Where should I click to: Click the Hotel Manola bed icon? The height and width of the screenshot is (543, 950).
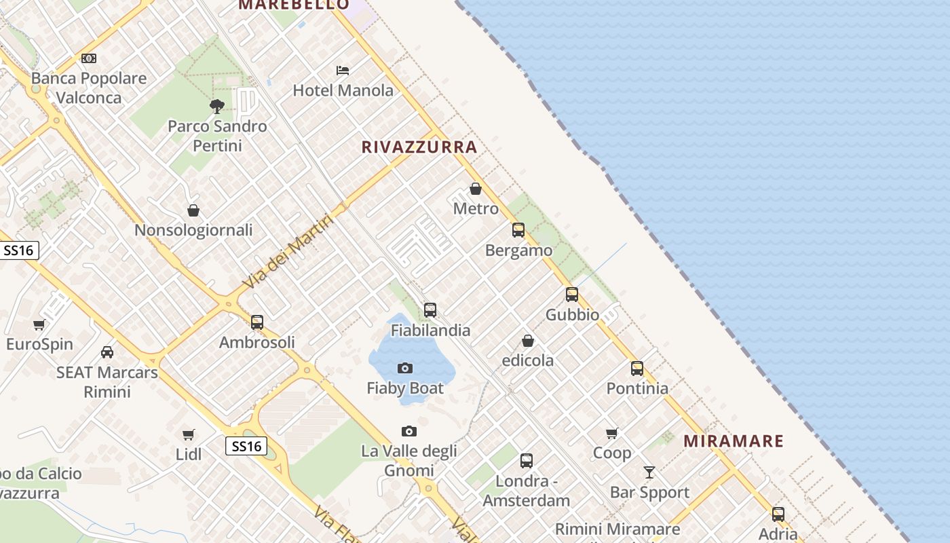(343, 70)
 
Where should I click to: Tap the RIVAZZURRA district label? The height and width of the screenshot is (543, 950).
(419, 147)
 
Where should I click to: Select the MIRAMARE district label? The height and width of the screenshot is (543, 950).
(733, 441)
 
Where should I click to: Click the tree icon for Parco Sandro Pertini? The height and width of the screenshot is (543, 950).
(217, 106)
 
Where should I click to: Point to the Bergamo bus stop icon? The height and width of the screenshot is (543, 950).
(518, 230)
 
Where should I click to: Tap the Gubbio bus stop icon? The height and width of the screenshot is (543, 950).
(572, 295)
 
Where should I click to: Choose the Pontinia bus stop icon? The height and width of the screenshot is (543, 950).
(637, 369)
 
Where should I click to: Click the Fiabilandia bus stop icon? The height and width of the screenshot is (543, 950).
(430, 310)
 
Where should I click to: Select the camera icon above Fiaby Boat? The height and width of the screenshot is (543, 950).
(405, 369)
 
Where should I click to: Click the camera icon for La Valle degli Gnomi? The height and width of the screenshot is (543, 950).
(408, 431)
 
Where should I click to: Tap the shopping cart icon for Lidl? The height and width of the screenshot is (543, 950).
(189, 434)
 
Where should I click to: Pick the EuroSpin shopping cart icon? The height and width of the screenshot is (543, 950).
(39, 324)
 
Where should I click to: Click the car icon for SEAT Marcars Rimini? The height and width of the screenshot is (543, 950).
(107, 352)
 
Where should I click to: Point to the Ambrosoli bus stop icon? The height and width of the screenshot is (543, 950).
(257, 322)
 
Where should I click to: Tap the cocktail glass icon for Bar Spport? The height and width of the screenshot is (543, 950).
(649, 472)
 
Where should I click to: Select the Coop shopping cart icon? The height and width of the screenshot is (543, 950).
(612, 433)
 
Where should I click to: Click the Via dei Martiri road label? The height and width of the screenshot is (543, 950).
(288, 252)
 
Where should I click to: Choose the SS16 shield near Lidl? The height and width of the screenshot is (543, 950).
(246, 446)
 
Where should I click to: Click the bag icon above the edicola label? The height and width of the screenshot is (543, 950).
(528, 341)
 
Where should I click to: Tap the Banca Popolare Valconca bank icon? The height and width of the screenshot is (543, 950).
(89, 58)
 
